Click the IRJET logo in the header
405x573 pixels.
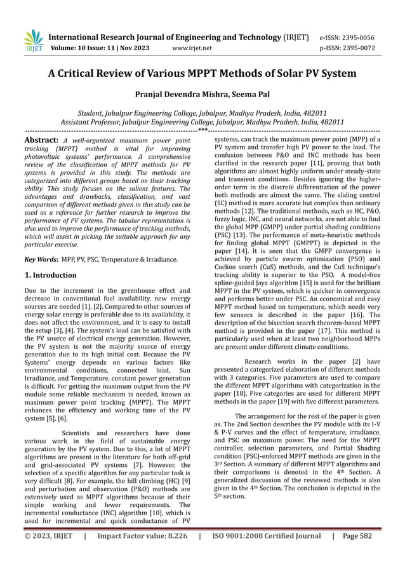pyautogui.click(x=32, y=41)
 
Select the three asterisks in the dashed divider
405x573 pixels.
pyautogui.click(x=202, y=129)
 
